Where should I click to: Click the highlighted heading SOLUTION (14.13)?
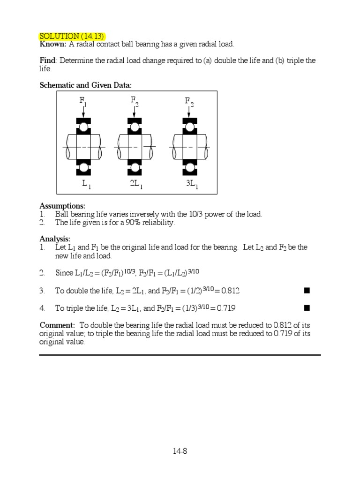(x=72, y=36)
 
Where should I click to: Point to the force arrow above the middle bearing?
(x=135, y=112)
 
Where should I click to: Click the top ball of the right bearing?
(x=190, y=127)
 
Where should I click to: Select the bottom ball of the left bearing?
(x=83, y=167)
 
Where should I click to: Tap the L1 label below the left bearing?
(x=86, y=185)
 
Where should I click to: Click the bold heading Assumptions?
(x=62, y=206)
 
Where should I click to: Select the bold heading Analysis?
(x=55, y=239)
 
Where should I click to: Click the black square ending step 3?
(x=307, y=291)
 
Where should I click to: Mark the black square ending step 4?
(x=307, y=308)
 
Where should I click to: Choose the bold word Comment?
(x=57, y=325)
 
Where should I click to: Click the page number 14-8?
(x=180, y=451)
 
